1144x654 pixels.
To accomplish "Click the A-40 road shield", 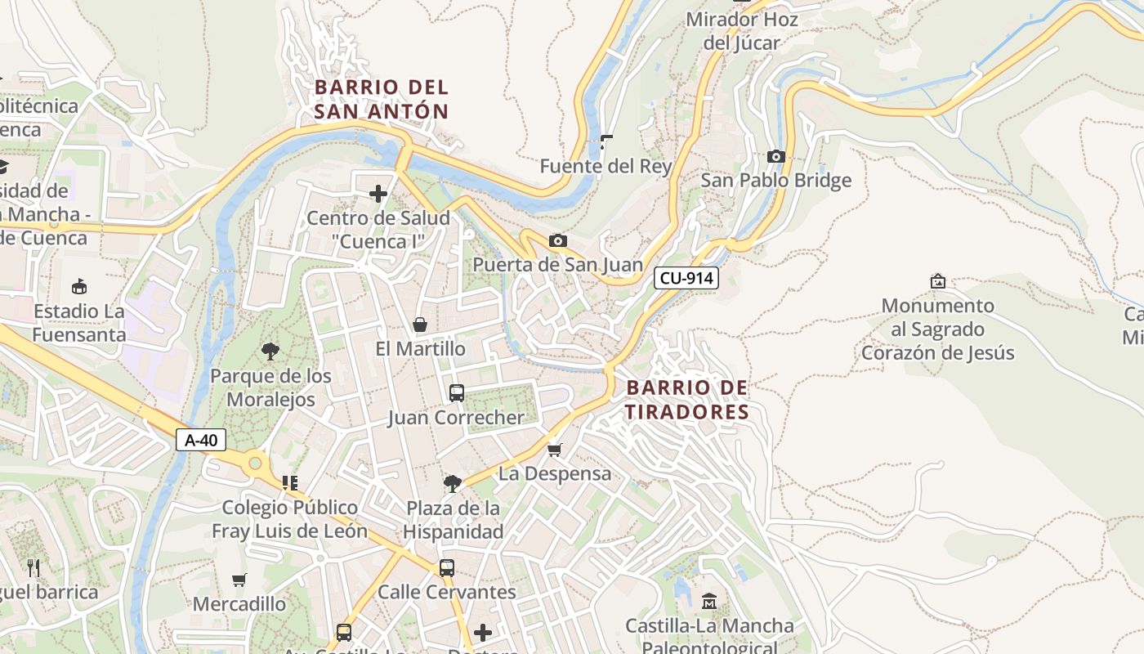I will pyautogui.click(x=201, y=441).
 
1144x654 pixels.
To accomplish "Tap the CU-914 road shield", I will pyautogui.click(x=686, y=278).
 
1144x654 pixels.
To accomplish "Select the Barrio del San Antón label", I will pyautogui.click(x=382, y=99).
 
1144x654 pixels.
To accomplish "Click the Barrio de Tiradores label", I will pyautogui.click(x=687, y=400).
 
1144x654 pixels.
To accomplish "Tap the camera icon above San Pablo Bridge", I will pyautogui.click(x=775, y=156).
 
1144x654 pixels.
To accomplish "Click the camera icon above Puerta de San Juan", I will pyautogui.click(x=558, y=240).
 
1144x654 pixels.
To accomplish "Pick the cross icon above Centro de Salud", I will pyautogui.click(x=378, y=194).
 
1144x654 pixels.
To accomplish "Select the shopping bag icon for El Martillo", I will pyautogui.click(x=420, y=325).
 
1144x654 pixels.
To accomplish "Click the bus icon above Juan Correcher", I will pyautogui.click(x=457, y=393).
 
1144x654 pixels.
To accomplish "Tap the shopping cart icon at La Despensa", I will pyautogui.click(x=555, y=450).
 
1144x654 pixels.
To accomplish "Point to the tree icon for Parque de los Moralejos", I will pyautogui.click(x=270, y=352).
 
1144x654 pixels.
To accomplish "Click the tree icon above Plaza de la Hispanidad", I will pyautogui.click(x=452, y=484).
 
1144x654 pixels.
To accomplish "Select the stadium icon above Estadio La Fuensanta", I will pyautogui.click(x=79, y=287).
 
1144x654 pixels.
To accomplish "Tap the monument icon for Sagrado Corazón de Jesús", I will pyautogui.click(x=938, y=281).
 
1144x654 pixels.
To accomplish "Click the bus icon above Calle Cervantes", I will pyautogui.click(x=446, y=567).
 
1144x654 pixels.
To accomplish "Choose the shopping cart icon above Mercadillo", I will pyautogui.click(x=239, y=580).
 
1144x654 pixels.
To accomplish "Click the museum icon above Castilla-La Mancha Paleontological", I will pyautogui.click(x=708, y=602).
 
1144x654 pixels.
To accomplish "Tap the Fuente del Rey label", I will pyautogui.click(x=606, y=167).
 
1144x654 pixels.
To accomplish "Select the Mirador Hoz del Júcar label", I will pyautogui.click(x=742, y=31).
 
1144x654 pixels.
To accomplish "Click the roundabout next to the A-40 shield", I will pyautogui.click(x=255, y=464).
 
